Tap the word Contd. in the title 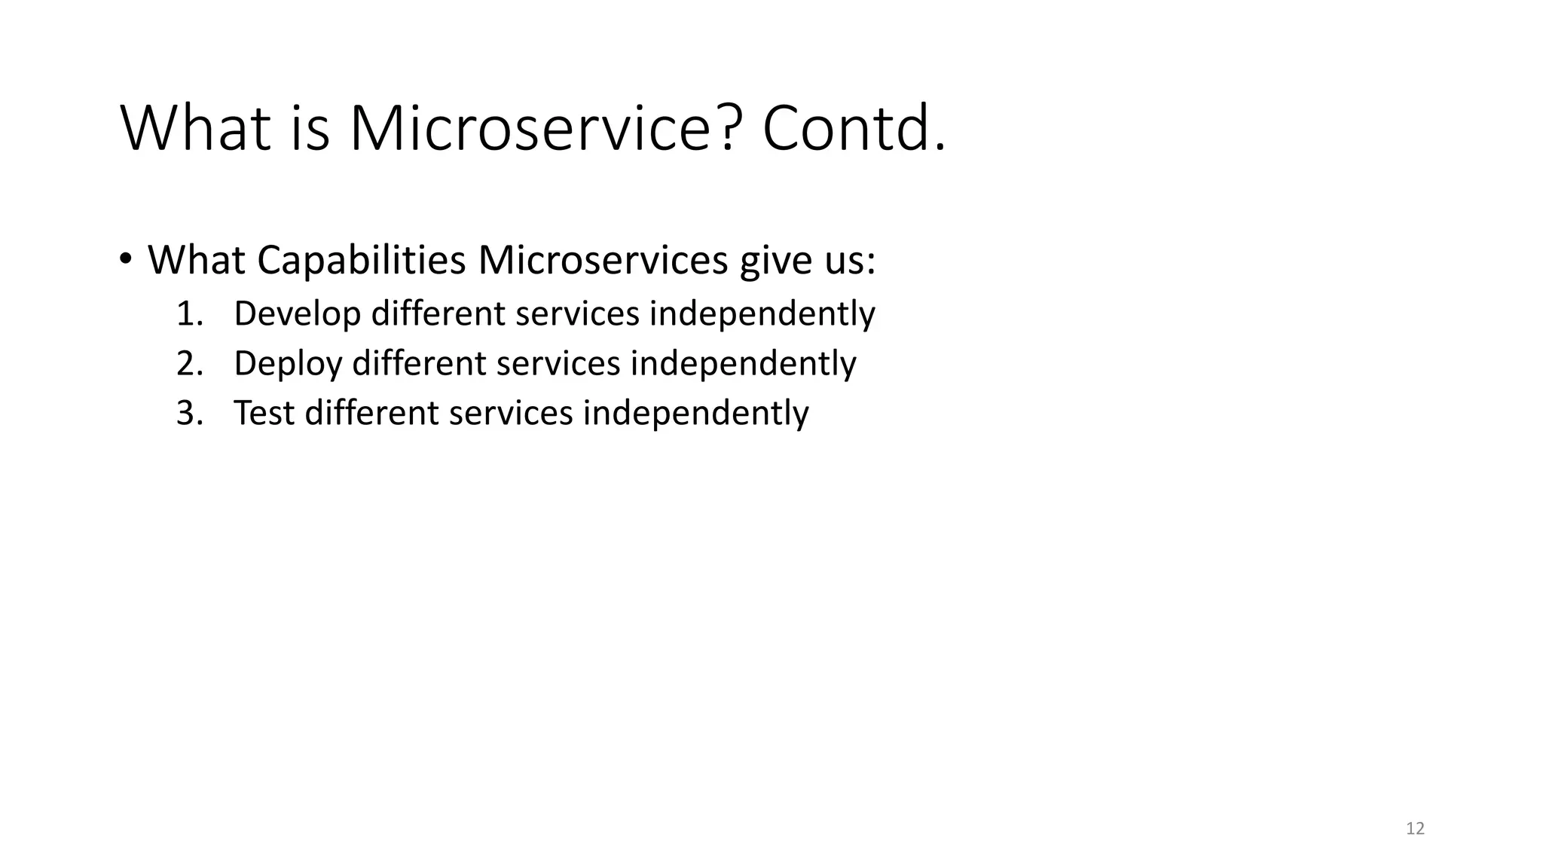point(853,129)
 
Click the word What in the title point(195,129)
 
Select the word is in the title point(310,129)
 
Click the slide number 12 point(1415,829)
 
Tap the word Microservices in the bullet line point(603,261)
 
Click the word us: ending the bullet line point(849,261)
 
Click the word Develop point(298,313)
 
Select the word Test point(264,413)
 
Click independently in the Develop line point(762,313)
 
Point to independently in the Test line point(695,413)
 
